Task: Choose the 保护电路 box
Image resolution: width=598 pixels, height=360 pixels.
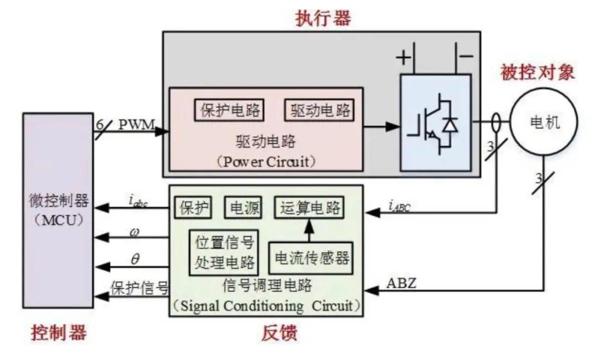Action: (x=229, y=109)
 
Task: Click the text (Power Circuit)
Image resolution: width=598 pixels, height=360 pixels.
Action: (x=265, y=162)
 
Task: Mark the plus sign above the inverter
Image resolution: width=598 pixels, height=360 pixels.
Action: (x=403, y=57)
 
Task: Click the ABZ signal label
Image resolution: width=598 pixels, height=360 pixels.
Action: (x=401, y=283)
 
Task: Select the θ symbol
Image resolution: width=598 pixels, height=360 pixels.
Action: (x=135, y=258)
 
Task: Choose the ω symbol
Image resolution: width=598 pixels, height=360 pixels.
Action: (x=135, y=231)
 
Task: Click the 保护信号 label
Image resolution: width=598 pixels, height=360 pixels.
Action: (x=140, y=288)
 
